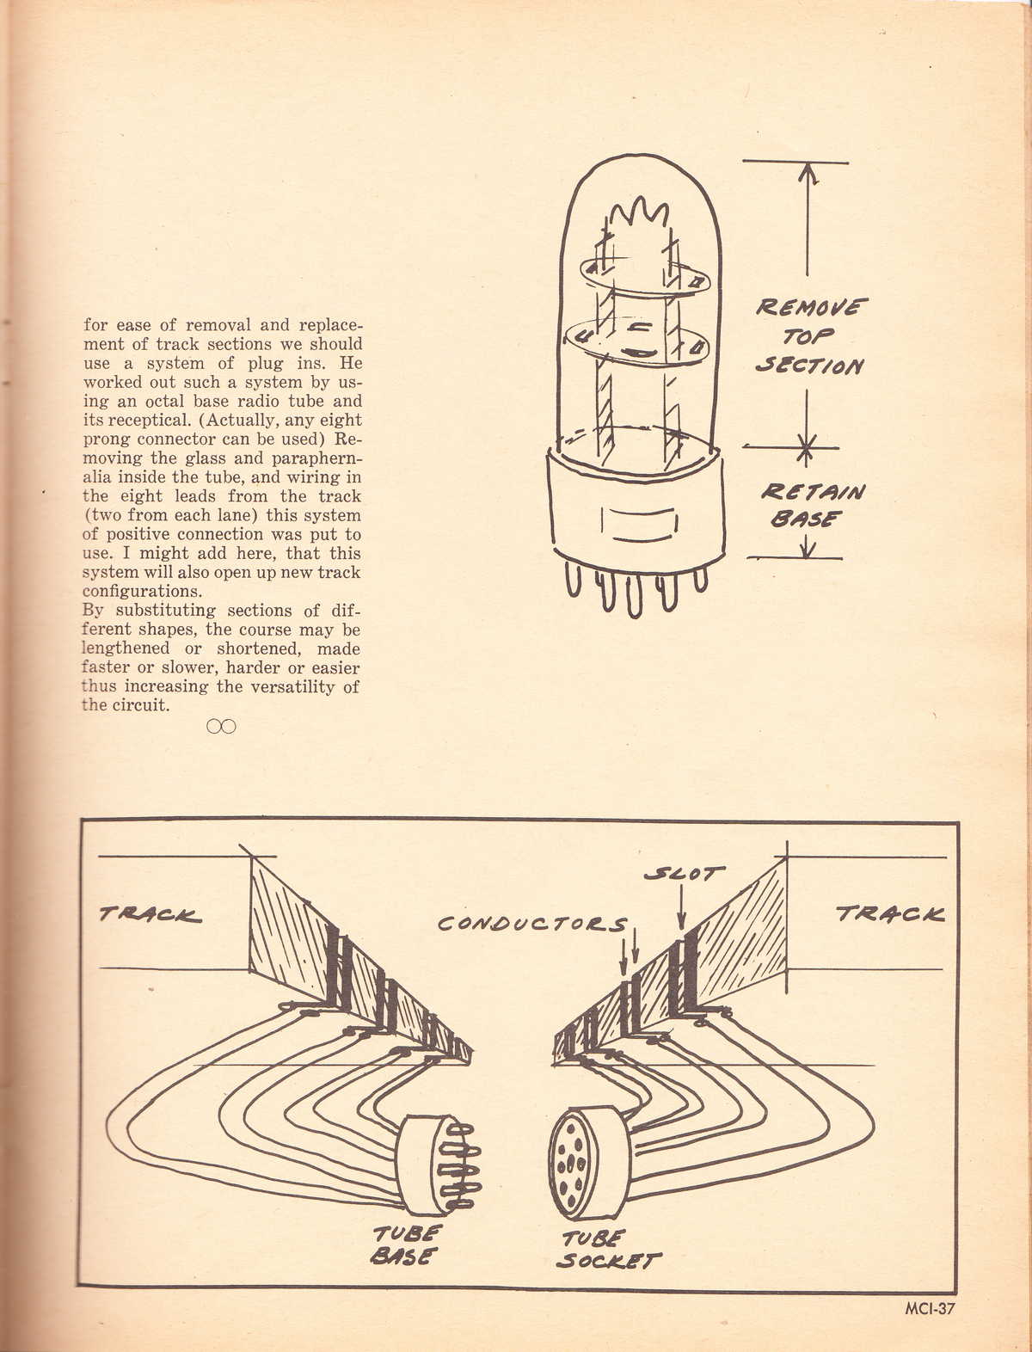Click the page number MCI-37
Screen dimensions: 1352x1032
click(x=930, y=1310)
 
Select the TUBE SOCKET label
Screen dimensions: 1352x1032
click(x=608, y=1251)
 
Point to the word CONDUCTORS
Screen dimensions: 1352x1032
click(x=533, y=925)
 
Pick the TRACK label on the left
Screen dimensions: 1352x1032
click(x=150, y=915)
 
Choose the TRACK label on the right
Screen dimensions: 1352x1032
click(x=890, y=913)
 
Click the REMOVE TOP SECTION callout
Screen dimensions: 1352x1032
click(x=811, y=336)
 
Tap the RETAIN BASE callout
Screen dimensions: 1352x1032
click(x=812, y=504)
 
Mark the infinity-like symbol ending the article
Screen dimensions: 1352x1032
click(x=221, y=727)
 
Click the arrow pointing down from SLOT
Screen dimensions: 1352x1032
click(x=681, y=912)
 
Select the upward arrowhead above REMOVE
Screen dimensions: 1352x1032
click(x=808, y=172)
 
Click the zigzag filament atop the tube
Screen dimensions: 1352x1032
click(x=641, y=212)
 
